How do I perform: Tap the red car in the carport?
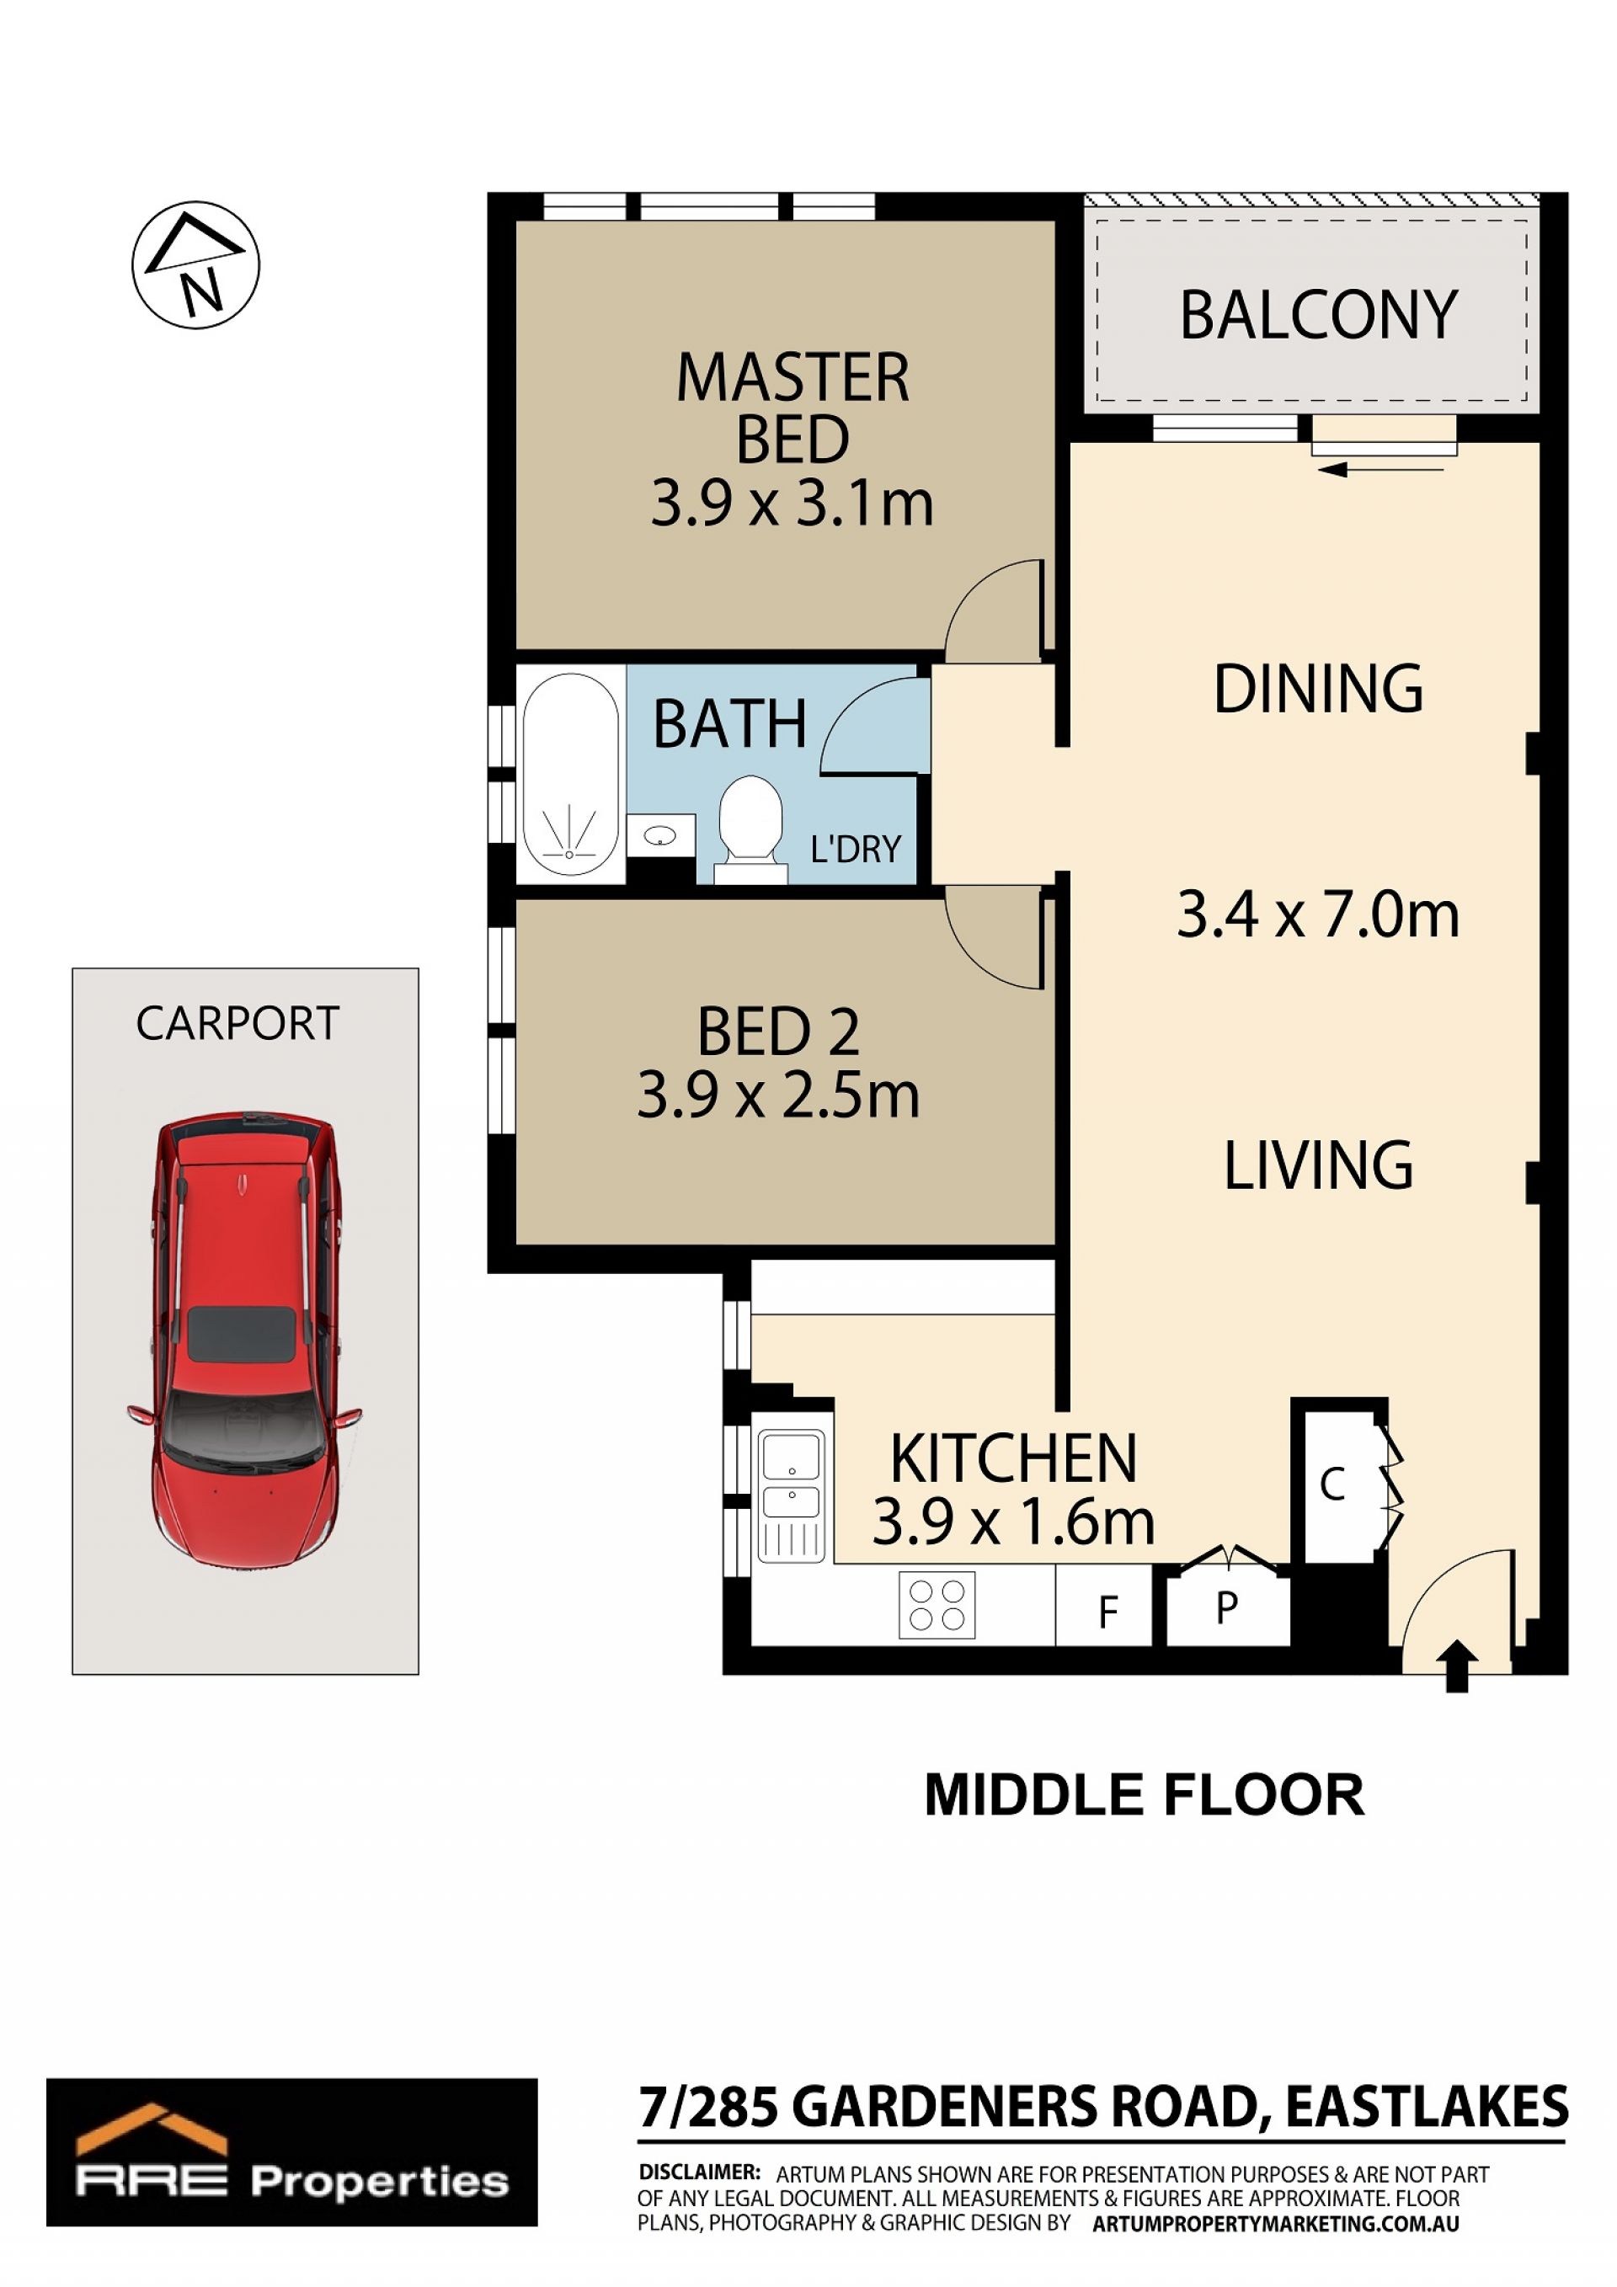pos(244,1340)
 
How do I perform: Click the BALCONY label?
pos(1318,316)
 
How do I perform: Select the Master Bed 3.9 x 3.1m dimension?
pos(792,503)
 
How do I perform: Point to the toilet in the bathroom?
pos(750,829)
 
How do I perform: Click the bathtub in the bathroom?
pos(570,774)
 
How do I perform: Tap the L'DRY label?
pos(856,849)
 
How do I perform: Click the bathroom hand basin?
pos(660,835)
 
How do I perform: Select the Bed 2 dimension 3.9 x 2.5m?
pos(778,1095)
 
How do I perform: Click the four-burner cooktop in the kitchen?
pos(937,1605)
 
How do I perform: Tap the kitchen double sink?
pos(792,1495)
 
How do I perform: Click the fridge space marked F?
pos(1105,1605)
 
